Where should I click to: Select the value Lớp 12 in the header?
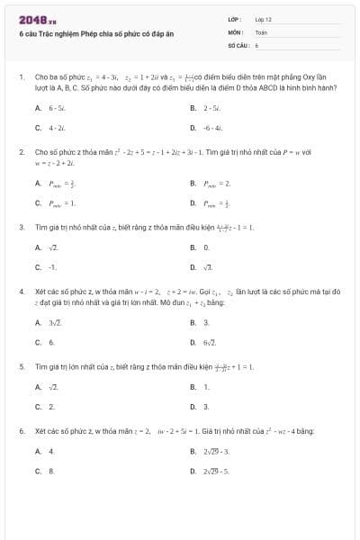[x=264, y=19]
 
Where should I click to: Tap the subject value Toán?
[x=261, y=31]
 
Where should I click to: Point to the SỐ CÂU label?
[x=238, y=43]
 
